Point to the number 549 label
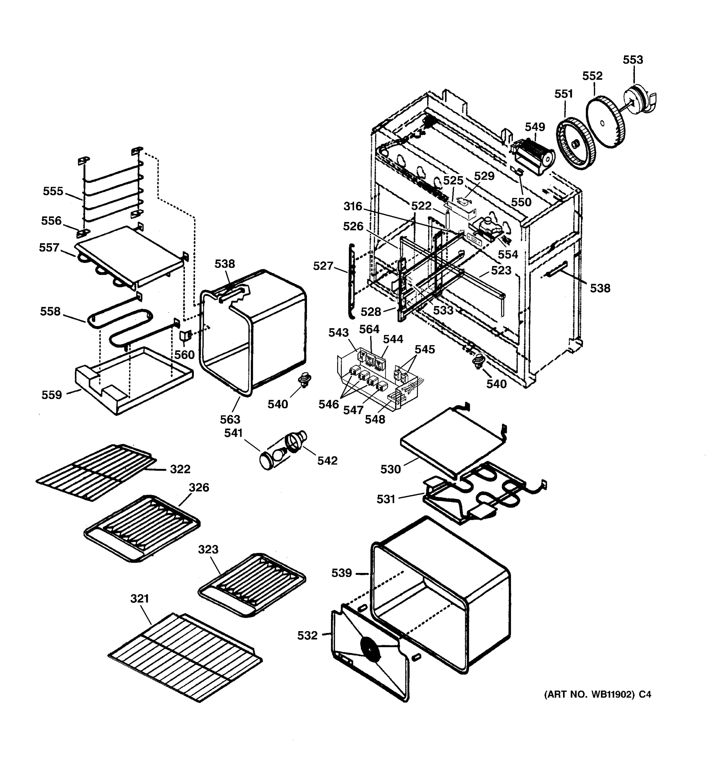(x=535, y=127)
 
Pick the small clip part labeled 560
(x=185, y=336)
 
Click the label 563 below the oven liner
(x=230, y=419)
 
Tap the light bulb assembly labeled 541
(x=273, y=457)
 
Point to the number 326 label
(x=199, y=488)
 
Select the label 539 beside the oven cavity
(x=341, y=573)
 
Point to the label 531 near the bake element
(x=385, y=499)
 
